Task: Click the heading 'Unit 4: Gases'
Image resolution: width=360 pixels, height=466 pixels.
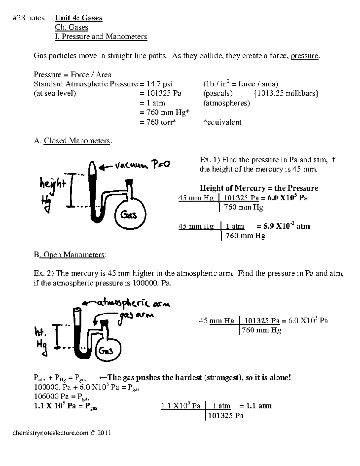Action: (x=79, y=18)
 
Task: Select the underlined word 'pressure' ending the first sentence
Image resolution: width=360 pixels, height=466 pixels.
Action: (x=304, y=56)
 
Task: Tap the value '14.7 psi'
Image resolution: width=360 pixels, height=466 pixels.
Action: (x=156, y=84)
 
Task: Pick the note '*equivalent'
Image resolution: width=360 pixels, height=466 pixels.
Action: (x=222, y=122)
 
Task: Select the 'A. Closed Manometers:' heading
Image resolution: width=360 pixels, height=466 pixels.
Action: (x=73, y=141)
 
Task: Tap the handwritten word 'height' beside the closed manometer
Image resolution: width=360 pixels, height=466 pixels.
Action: (x=52, y=183)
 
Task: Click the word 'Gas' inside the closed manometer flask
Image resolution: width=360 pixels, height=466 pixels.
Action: (x=129, y=215)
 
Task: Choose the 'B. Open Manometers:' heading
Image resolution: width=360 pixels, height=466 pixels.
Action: (x=70, y=255)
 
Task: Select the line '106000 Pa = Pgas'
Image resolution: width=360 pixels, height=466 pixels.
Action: (x=62, y=397)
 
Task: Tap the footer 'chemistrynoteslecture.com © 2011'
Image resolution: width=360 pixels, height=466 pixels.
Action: (x=62, y=433)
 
